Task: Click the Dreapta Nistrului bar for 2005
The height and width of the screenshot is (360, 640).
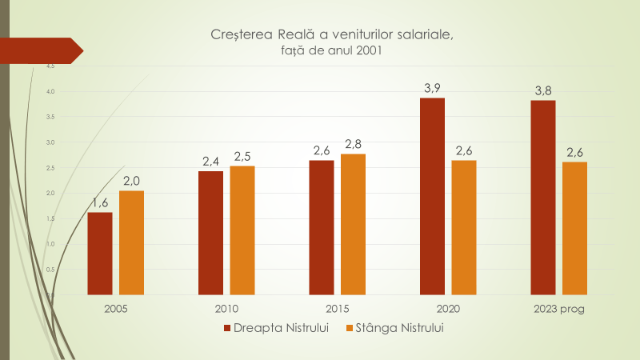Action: tap(100, 254)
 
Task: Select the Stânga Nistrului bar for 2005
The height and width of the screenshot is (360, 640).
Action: tap(131, 242)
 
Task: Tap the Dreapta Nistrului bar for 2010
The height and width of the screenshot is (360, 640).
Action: tap(210, 233)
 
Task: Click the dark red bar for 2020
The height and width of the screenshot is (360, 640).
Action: tap(432, 196)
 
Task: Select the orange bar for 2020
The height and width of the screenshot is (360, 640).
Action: tap(463, 228)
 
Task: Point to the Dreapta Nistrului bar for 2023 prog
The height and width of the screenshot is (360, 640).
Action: tap(542, 198)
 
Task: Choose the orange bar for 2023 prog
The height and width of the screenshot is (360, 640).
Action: tap(574, 229)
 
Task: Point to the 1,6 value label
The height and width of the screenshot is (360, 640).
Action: tap(100, 202)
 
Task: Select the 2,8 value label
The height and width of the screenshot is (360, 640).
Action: tap(353, 144)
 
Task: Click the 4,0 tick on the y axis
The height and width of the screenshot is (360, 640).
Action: tap(50, 91)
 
